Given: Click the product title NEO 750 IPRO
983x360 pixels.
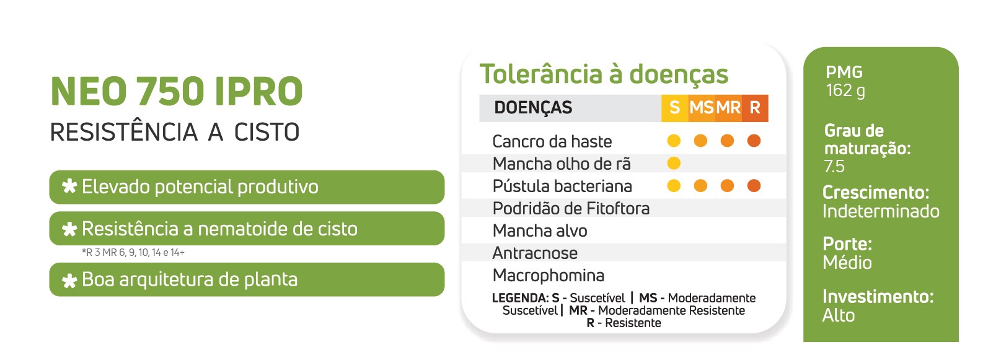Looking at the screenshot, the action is tap(177, 92).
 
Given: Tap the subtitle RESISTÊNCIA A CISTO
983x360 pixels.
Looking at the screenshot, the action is tap(175, 132).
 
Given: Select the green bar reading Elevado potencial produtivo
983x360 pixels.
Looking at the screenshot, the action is tap(247, 187).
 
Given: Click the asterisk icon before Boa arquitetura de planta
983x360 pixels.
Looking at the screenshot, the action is tap(69, 280).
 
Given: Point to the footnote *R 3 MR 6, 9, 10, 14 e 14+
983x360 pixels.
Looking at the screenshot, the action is tap(133, 253).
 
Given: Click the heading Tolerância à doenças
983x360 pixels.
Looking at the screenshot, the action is tap(604, 74).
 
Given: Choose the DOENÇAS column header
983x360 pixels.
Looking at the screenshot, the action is tap(533, 108).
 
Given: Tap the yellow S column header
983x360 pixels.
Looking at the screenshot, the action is tap(674, 108).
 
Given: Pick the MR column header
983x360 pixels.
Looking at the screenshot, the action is tap(728, 108).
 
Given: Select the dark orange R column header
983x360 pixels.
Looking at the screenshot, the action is tap(755, 108).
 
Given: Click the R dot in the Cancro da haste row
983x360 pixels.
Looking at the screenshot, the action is tap(754, 141).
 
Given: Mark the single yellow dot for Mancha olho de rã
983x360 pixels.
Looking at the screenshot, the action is tap(674, 163).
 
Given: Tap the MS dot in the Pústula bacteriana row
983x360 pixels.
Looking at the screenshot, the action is tap(700, 185).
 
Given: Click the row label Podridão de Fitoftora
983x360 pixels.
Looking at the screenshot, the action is tap(571, 209).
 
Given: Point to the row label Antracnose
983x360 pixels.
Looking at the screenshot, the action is tap(535, 253).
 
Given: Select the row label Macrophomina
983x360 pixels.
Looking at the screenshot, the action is tap(549, 276).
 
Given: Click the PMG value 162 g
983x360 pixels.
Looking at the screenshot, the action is tap(845, 90).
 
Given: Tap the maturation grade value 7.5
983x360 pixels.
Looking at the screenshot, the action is tap(834, 167).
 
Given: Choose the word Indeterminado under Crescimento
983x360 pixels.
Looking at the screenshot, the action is tap(881, 211).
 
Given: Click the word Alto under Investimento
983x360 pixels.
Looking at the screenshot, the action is tap(839, 315).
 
